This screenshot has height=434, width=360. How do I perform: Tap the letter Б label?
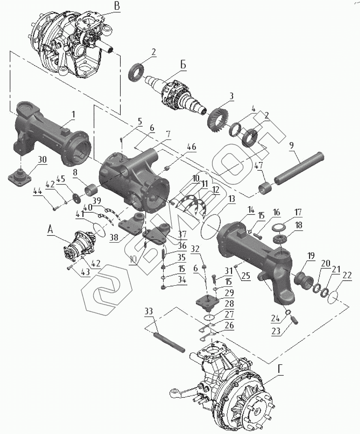(183, 65)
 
